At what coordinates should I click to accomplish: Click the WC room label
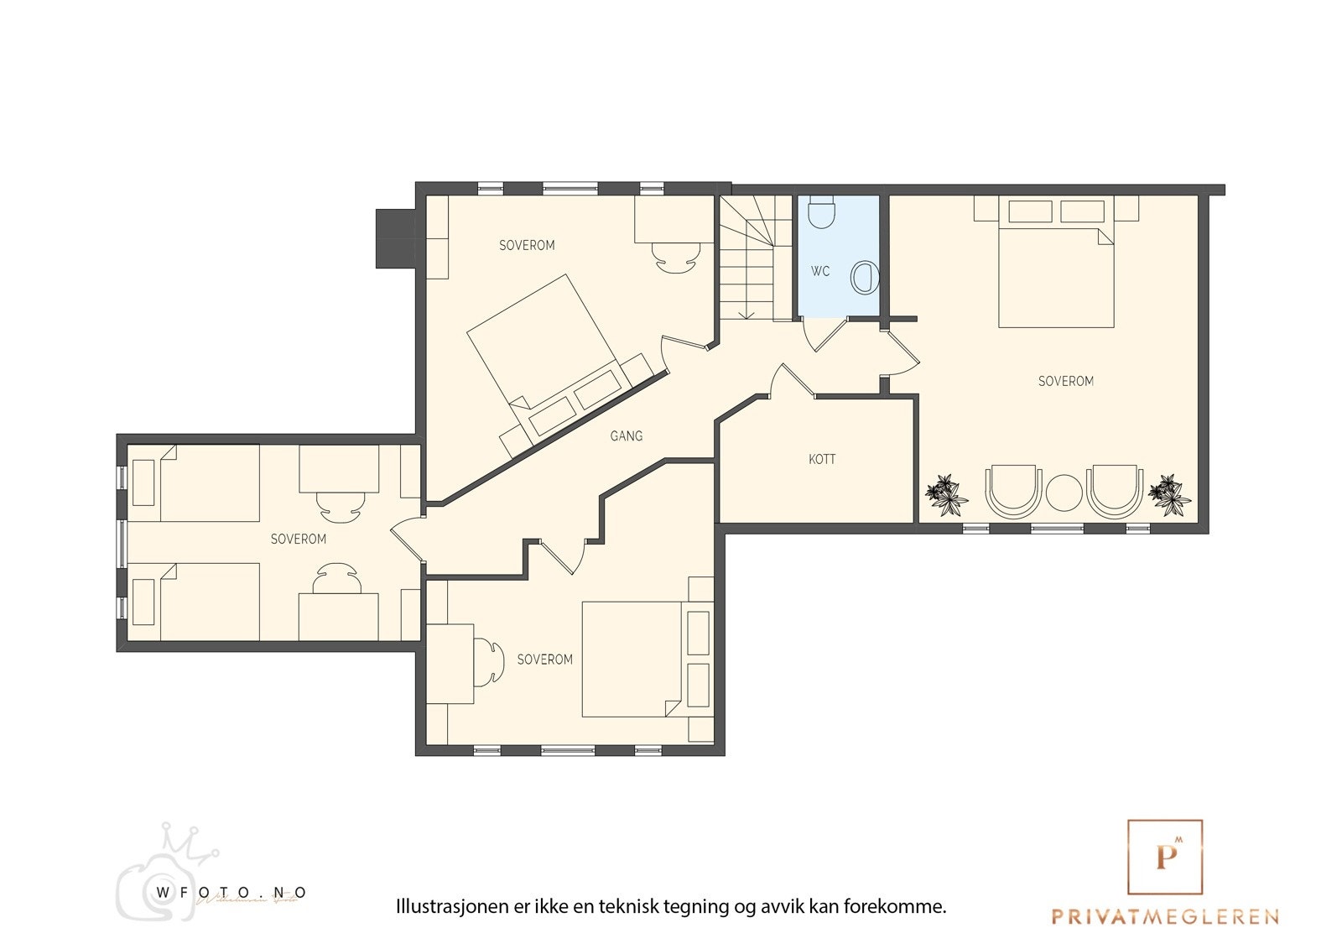pyautogui.click(x=820, y=271)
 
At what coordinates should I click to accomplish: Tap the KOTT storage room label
pyautogui.click(x=822, y=459)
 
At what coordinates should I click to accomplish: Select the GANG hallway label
pyautogui.click(x=627, y=435)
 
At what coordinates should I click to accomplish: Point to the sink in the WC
pyautogui.click(x=864, y=277)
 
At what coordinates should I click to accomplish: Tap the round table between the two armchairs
pyautogui.click(x=1064, y=493)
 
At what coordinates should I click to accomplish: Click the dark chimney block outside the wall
pyautogui.click(x=395, y=238)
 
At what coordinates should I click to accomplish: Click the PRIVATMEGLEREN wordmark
pyautogui.click(x=1165, y=916)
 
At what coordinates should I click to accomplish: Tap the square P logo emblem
pyautogui.click(x=1165, y=857)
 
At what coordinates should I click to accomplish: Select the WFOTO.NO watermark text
pyautogui.click(x=231, y=893)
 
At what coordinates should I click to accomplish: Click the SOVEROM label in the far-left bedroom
pyautogui.click(x=299, y=539)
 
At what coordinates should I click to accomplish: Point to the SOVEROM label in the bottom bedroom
pyautogui.click(x=545, y=660)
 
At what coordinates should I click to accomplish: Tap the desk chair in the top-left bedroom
pyautogui.click(x=676, y=256)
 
